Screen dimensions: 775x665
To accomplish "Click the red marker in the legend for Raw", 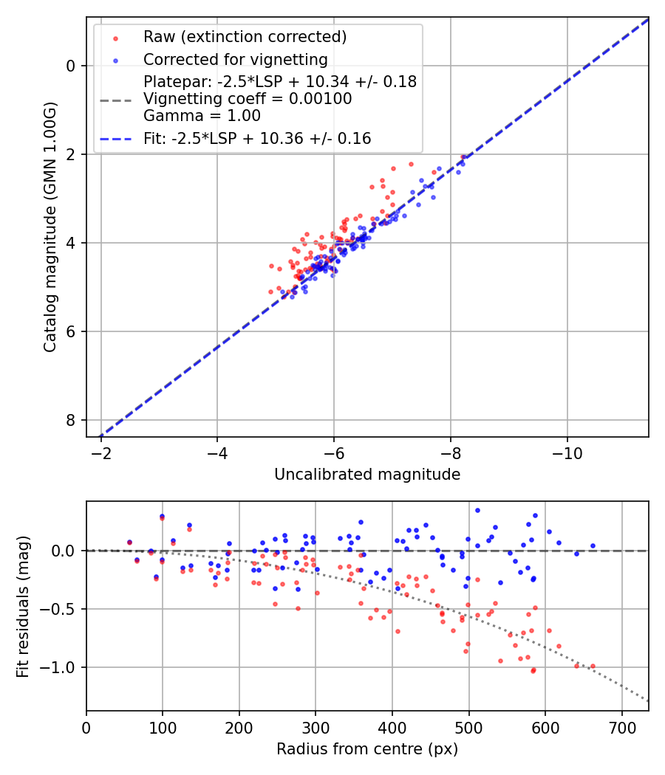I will pos(115,37).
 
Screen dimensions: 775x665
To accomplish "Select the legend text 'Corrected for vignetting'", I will pos(235,59).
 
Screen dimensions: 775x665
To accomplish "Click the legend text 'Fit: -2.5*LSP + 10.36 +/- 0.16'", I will pos(257,138).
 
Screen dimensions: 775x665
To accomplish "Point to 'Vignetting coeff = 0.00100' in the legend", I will pos(248,99).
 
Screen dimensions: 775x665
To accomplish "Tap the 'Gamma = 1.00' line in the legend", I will pos(202,116).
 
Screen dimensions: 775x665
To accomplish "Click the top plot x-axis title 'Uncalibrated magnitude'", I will pos(367,475).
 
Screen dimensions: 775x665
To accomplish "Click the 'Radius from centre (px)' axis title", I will pos(367,749).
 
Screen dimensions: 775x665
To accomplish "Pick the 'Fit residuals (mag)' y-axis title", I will pos(24,606).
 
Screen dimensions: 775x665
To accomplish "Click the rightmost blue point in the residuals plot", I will pos(593,546).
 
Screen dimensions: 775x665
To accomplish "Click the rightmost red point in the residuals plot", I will pos(592,666).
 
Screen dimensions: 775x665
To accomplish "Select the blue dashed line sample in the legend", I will pos(115,138).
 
